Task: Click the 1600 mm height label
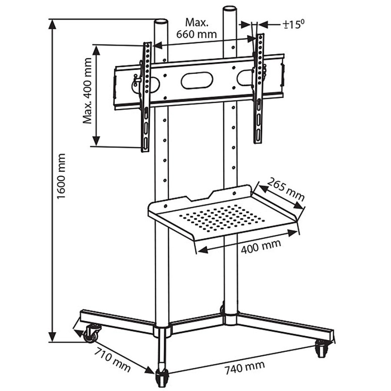click(61, 176)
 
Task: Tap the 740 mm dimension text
click(245, 368)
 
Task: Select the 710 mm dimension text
click(113, 359)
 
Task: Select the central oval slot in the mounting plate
click(197, 80)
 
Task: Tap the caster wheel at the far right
click(322, 348)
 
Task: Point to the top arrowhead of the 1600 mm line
click(53, 24)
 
